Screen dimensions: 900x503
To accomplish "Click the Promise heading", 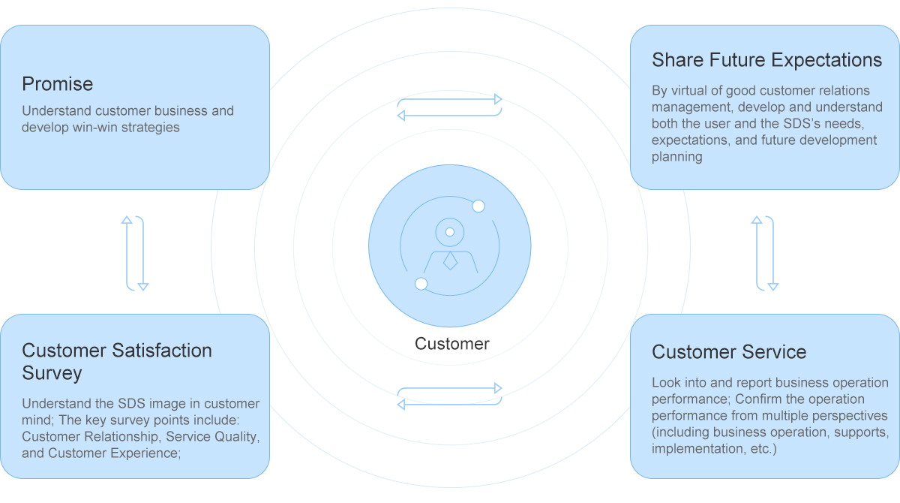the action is click(x=58, y=84).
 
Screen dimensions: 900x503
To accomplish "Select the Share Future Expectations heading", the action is click(x=766, y=60).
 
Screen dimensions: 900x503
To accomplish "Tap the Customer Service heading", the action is click(x=729, y=352).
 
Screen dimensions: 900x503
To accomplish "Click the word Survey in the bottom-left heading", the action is click(x=52, y=373).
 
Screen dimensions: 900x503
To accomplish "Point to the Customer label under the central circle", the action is click(x=452, y=344).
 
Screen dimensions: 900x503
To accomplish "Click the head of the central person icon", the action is click(x=449, y=232).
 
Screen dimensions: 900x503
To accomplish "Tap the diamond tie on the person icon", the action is click(x=450, y=261).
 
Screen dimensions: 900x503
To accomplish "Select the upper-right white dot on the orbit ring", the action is click(x=478, y=206).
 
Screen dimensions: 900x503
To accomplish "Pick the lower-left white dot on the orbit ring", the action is click(x=421, y=284).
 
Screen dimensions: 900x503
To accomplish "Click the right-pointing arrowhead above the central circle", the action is click(x=498, y=99).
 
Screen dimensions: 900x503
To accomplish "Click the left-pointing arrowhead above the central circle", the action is click(x=401, y=116).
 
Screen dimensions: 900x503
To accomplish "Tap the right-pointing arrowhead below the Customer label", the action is click(x=498, y=388).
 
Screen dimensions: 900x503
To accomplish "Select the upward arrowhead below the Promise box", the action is click(x=127, y=220).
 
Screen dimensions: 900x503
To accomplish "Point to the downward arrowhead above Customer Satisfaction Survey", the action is click(x=143, y=287).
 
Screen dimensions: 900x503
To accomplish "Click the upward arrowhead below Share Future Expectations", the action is click(x=757, y=220).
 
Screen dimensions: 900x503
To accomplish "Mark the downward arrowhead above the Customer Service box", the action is click(x=773, y=287).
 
